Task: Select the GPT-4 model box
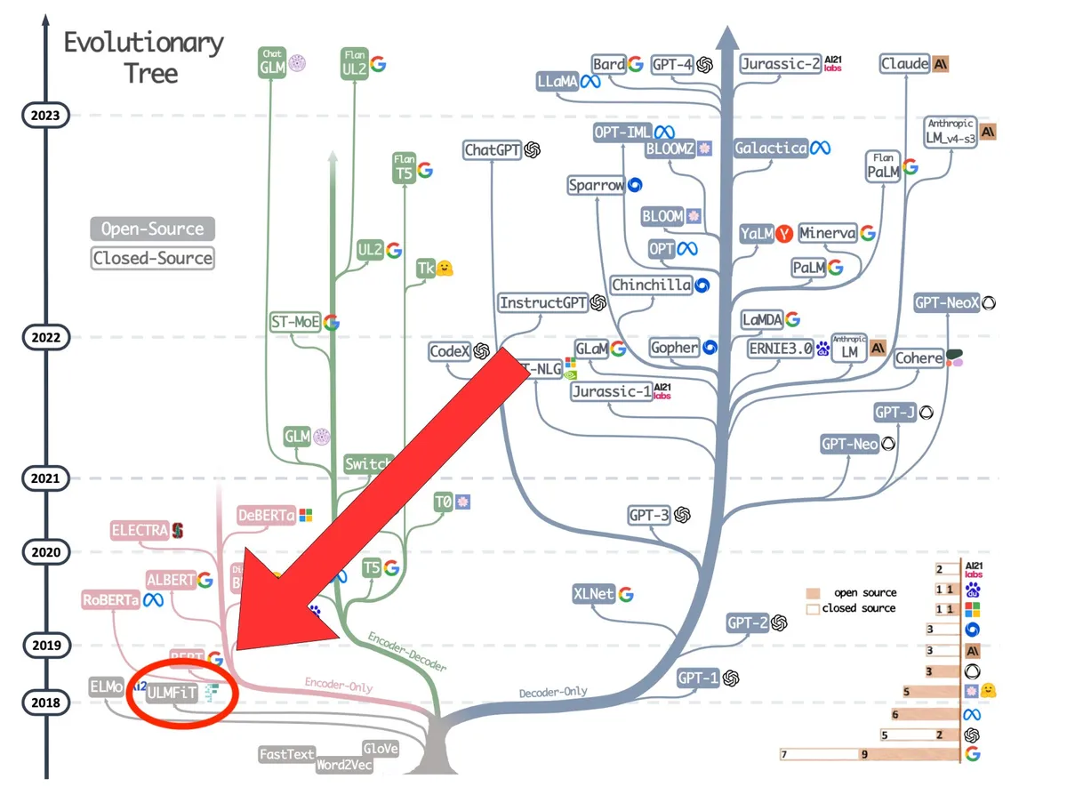pyautogui.click(x=673, y=64)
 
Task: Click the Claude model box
pyautogui.click(x=905, y=64)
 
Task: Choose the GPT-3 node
pyautogui.click(x=649, y=515)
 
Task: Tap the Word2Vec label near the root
pyautogui.click(x=344, y=765)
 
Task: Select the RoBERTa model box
pyautogui.click(x=110, y=599)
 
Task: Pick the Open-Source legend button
pyautogui.click(x=153, y=229)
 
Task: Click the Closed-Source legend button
pyautogui.click(x=153, y=259)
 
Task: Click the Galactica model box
pyautogui.click(x=771, y=149)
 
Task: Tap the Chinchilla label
pyautogui.click(x=652, y=285)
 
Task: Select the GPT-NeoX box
pyautogui.click(x=947, y=302)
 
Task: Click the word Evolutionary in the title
pyautogui.click(x=144, y=43)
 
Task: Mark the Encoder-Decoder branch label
pyautogui.click(x=406, y=652)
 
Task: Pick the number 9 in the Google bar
pyautogui.click(x=864, y=755)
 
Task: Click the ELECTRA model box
pyautogui.click(x=140, y=531)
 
